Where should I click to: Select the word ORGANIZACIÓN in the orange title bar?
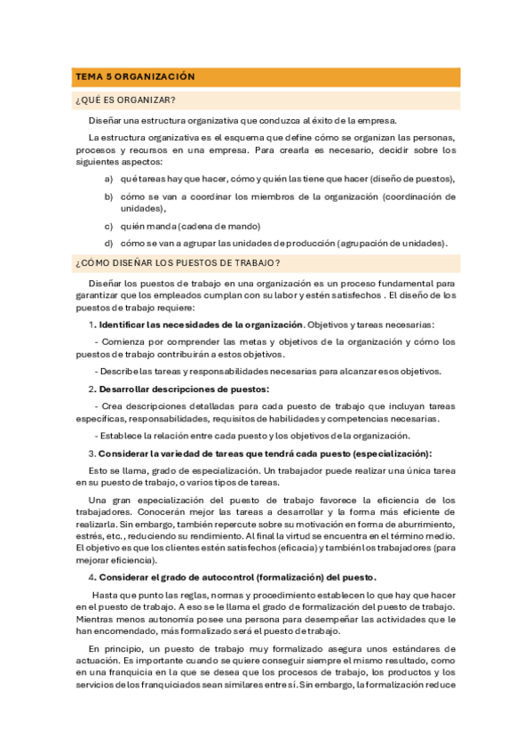point(155,77)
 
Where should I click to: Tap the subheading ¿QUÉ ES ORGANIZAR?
point(125,100)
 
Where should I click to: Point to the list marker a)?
point(108,178)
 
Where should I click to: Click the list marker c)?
point(108,226)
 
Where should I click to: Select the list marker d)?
point(108,243)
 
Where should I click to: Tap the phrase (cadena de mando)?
point(218,226)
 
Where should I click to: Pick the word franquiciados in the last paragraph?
point(159,685)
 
